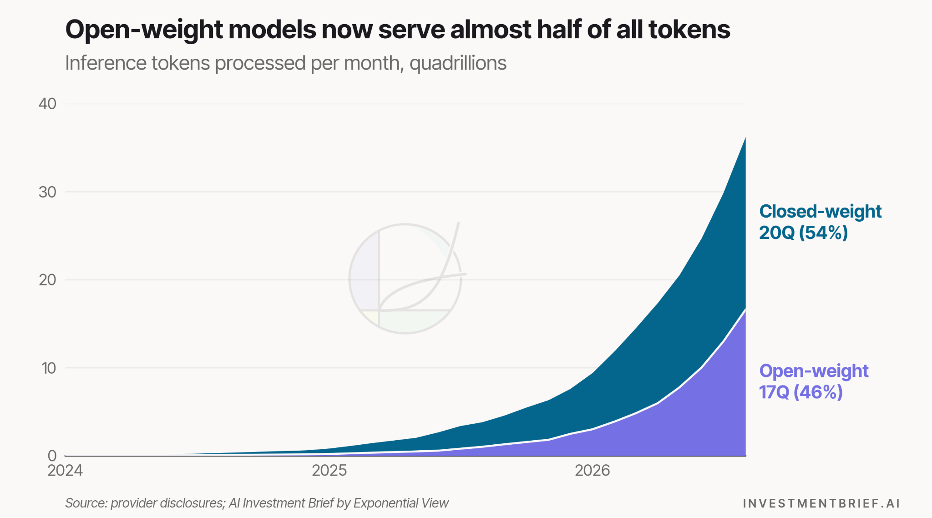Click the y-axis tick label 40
(x=47, y=104)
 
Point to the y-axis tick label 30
(x=47, y=192)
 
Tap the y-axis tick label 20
(x=47, y=280)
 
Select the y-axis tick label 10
(x=48, y=368)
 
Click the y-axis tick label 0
(x=52, y=456)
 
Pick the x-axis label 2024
(x=65, y=470)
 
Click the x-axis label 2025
(x=329, y=470)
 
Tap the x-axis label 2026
(x=592, y=470)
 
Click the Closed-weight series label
(x=821, y=212)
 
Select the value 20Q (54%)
(x=804, y=233)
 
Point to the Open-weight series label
(x=814, y=371)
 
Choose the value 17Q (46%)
(x=801, y=392)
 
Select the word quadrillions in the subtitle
(x=458, y=63)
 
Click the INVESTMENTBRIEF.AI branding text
(x=821, y=503)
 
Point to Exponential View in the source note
(x=401, y=503)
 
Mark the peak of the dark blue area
(x=745, y=137)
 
